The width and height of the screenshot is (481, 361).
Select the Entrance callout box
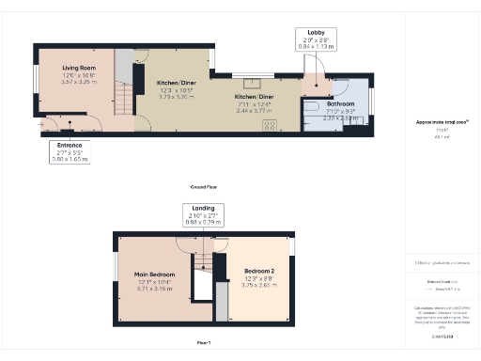[x=69, y=152]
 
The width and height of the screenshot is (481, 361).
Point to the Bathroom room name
[x=340, y=103]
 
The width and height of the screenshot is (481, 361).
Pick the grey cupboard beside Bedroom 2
[x=222, y=302]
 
